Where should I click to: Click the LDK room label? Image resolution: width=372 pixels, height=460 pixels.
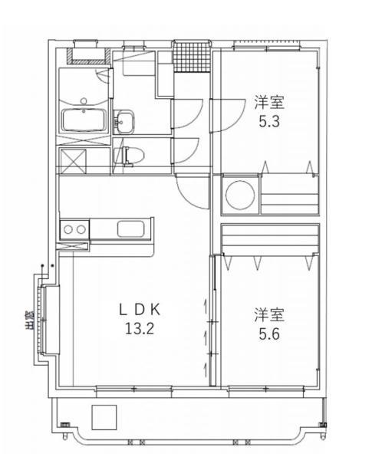click(140, 310)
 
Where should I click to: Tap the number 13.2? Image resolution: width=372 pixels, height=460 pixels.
click(140, 329)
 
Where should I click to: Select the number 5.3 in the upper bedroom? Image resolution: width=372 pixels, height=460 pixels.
click(269, 121)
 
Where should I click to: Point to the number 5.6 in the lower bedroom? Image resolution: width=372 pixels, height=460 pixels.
click(269, 333)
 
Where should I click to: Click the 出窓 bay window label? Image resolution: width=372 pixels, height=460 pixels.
click(29, 320)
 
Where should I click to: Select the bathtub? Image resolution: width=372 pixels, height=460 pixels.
click(84, 120)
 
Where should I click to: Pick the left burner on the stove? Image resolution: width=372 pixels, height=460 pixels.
click(68, 229)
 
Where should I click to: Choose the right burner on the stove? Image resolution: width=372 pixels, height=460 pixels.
click(81, 229)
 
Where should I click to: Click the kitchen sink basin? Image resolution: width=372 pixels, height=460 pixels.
click(130, 228)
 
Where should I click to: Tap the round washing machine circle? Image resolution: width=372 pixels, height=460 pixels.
click(240, 195)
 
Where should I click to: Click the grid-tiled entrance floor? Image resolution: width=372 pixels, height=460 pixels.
click(192, 57)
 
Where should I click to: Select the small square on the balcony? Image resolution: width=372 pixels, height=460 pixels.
click(104, 418)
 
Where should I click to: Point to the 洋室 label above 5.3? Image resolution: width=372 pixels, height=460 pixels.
click(269, 103)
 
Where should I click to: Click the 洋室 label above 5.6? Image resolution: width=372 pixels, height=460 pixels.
click(269, 314)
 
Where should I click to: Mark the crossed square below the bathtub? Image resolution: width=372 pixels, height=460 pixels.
click(73, 162)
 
